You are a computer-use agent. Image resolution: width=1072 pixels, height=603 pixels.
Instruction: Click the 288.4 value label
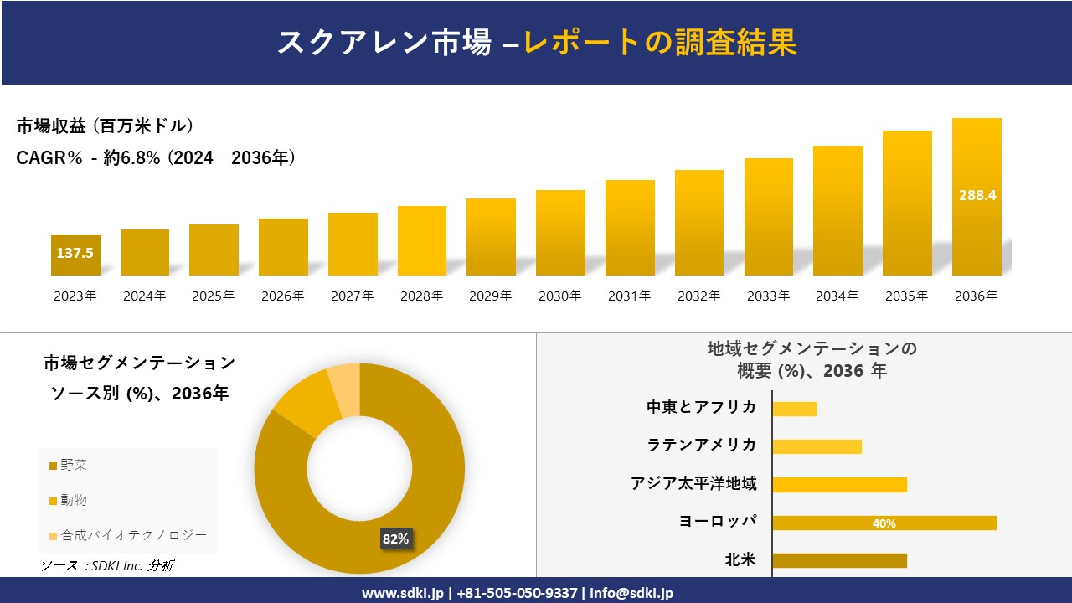click(x=977, y=195)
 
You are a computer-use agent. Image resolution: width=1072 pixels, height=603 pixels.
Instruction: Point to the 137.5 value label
click(x=75, y=253)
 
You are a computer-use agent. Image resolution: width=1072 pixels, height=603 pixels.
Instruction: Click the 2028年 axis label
click(x=421, y=296)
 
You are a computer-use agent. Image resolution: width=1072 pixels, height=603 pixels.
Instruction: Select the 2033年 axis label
click(x=768, y=296)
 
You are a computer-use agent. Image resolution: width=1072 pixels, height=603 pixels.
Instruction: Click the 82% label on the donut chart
click(x=395, y=539)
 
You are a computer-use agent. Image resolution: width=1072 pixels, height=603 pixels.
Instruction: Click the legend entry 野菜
click(x=74, y=465)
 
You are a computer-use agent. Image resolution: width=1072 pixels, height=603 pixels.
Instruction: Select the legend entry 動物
click(x=74, y=500)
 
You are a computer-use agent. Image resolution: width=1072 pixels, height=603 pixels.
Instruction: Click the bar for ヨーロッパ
click(x=884, y=523)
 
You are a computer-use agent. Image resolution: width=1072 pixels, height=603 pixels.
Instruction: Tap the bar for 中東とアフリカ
click(x=794, y=409)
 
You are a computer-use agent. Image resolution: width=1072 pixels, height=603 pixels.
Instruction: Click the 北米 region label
click(x=740, y=559)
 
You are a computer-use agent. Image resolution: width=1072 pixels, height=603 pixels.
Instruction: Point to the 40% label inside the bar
click(x=884, y=523)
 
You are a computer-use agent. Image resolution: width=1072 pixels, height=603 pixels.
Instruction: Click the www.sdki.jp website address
click(x=402, y=593)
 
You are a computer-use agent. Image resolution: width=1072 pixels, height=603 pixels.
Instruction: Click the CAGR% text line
click(x=155, y=158)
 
